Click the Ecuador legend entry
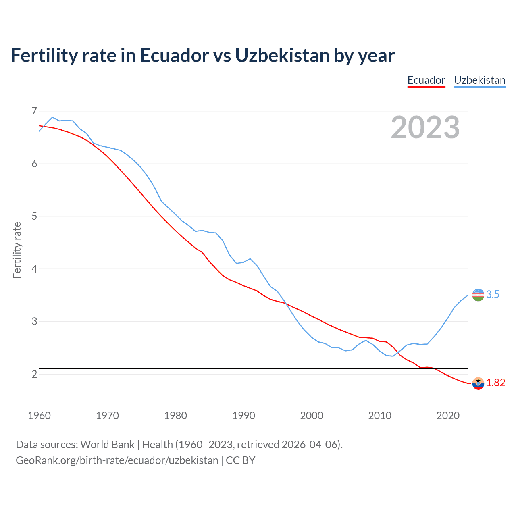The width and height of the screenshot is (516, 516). [x=426, y=80]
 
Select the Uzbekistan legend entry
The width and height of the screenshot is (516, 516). [x=479, y=80]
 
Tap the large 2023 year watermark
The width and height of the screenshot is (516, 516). [x=425, y=127]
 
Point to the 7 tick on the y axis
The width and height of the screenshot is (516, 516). [x=34, y=111]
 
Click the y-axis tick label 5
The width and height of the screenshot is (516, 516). [x=34, y=216]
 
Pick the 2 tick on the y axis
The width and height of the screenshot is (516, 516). [x=34, y=374]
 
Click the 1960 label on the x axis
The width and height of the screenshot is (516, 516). [x=39, y=416]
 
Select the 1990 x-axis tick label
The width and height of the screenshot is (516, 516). [x=243, y=416]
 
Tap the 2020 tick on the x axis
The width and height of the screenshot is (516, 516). [x=448, y=416]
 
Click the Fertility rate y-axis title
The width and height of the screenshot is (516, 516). [x=17, y=250]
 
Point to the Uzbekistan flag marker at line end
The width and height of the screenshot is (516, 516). [x=478, y=295]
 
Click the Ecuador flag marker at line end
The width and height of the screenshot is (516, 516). [x=478, y=383]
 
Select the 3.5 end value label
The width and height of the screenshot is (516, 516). [x=493, y=295]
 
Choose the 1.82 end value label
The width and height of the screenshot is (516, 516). [x=495, y=383]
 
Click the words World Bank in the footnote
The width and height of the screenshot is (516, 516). [x=107, y=445]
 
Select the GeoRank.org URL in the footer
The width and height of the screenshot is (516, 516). [x=117, y=460]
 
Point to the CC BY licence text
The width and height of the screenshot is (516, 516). [x=240, y=460]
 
